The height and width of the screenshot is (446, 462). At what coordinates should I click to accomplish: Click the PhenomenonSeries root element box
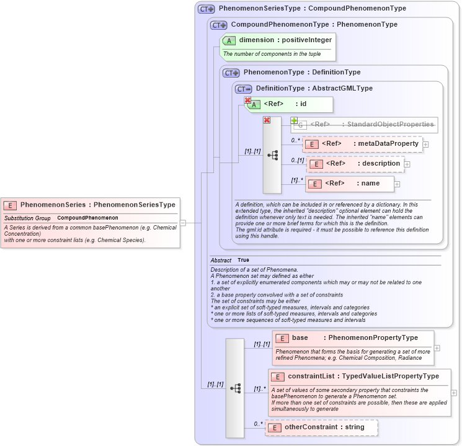pyautogui.click(x=91, y=205)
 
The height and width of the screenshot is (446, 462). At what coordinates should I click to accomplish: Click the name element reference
pyautogui.click(x=351, y=184)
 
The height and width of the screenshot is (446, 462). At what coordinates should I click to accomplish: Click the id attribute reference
pyautogui.click(x=290, y=104)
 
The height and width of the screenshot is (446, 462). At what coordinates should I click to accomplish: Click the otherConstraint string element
pyautogui.click(x=321, y=427)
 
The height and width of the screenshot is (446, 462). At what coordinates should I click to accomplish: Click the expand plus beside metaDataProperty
pyautogui.click(x=425, y=145)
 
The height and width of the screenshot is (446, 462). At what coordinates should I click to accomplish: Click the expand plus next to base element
pyautogui.click(x=437, y=348)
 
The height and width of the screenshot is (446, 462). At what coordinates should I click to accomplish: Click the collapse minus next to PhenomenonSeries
pyautogui.click(x=183, y=222)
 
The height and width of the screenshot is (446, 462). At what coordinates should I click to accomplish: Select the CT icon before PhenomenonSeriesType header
pyautogui.click(x=206, y=9)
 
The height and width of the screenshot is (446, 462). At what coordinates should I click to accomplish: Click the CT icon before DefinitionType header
pyautogui.click(x=244, y=89)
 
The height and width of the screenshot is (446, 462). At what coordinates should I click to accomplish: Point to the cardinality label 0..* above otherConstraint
pyautogui.click(x=257, y=424)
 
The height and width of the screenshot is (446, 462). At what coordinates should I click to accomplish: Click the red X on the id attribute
pyautogui.click(x=247, y=100)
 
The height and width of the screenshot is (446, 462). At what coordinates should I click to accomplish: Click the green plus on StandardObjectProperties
pyautogui.click(x=294, y=120)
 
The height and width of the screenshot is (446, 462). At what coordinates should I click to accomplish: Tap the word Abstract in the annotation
pyautogui.click(x=221, y=260)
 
